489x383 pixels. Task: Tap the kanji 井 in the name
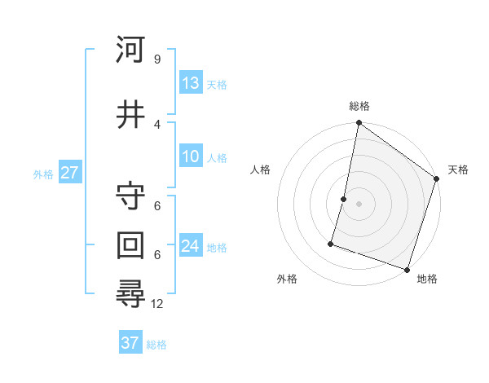pyautogui.click(x=131, y=114)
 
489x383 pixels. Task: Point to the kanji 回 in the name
pyautogui.click(x=131, y=244)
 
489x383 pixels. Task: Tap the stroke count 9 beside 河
pyautogui.click(x=156, y=59)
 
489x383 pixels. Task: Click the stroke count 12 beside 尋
pyautogui.click(x=158, y=303)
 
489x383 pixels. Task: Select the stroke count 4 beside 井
pyautogui.click(x=156, y=124)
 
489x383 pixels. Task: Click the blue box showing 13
pyautogui.click(x=191, y=82)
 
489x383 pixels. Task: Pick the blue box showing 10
pyautogui.click(x=191, y=156)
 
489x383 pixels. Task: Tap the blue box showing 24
pyautogui.click(x=191, y=246)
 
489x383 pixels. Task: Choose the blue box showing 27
pyautogui.click(x=69, y=173)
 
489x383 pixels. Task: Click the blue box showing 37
pyautogui.click(x=130, y=343)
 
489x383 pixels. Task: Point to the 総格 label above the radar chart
pyautogui.click(x=359, y=106)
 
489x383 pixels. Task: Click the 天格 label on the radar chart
pyautogui.click(x=458, y=169)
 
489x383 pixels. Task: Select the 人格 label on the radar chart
pyautogui.click(x=260, y=169)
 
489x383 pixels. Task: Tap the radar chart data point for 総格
pyautogui.click(x=359, y=124)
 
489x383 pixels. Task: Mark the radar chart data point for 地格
pyautogui.click(x=407, y=269)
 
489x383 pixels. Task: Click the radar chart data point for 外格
pyautogui.click(x=332, y=243)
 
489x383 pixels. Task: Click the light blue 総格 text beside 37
pyautogui.click(x=156, y=345)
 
